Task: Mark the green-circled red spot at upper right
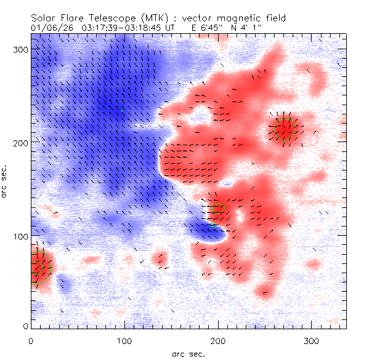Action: (x=285, y=130)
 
